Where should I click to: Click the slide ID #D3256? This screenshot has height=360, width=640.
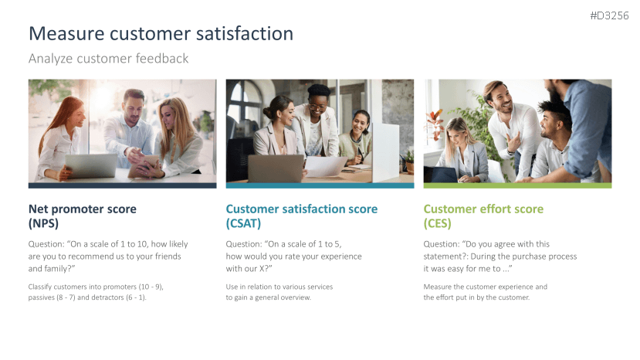coord(609,15)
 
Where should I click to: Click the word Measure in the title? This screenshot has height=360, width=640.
coord(66,33)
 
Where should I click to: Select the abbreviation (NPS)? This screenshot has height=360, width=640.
coord(43,223)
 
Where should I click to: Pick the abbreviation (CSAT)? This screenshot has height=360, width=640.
coord(243,223)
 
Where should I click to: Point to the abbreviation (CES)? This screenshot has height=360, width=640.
coord(437,223)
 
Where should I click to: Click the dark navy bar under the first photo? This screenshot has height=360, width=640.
coord(123,185)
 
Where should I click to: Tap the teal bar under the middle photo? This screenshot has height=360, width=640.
coord(320,185)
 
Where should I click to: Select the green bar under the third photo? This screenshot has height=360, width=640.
coord(517,185)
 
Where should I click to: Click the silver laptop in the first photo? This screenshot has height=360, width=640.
coord(91,165)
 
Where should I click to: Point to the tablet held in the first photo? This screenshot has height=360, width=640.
coord(143,166)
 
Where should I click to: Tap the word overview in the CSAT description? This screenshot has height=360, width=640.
coord(296,297)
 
